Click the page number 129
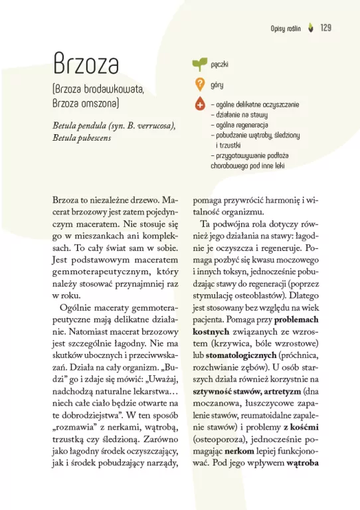point(325,28)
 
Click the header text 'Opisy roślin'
point(286,29)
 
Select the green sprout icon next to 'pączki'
point(199,64)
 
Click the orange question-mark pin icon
point(199,85)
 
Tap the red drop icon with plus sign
point(199,105)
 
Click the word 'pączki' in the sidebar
point(220,65)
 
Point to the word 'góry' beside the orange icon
point(217,85)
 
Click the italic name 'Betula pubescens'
point(82,138)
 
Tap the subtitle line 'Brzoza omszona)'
point(86,104)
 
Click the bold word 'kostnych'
point(211,330)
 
